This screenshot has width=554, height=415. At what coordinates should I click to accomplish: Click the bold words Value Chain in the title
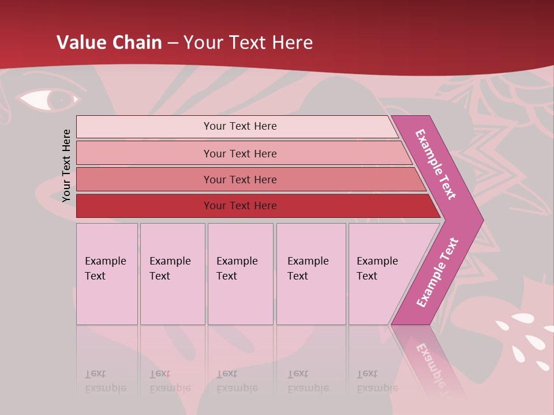[x=109, y=43]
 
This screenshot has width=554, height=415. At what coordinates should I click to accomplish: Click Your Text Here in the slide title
[x=248, y=43]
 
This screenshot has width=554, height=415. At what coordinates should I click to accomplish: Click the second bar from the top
[x=240, y=153]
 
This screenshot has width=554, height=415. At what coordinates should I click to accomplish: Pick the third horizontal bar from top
[x=240, y=179]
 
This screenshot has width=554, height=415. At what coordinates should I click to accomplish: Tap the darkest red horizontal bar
[x=240, y=206]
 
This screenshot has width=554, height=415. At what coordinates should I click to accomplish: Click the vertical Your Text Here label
[x=66, y=165]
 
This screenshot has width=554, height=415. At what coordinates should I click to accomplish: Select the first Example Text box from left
[x=107, y=274]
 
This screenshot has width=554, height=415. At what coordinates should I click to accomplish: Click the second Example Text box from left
[x=172, y=274]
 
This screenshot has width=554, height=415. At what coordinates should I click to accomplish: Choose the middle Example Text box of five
[x=240, y=274]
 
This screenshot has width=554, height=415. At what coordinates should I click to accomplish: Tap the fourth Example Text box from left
[x=310, y=274]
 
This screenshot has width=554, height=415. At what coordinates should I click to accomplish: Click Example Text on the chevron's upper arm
[x=436, y=165]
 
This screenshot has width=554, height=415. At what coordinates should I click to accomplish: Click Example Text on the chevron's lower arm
[x=437, y=272]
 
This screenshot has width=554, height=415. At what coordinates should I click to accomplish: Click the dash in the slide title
[x=173, y=43]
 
